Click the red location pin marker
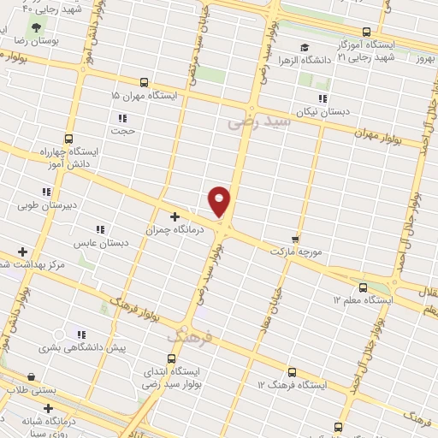tap(220, 201)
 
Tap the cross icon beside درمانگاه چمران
tap(175, 217)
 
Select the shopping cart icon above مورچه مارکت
tap(295, 240)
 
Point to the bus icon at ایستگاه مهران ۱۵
tap(143, 83)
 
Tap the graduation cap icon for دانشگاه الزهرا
tap(304, 47)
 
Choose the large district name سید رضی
tap(259, 121)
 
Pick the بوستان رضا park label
tap(34, 40)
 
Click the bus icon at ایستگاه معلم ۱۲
tap(363, 287)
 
